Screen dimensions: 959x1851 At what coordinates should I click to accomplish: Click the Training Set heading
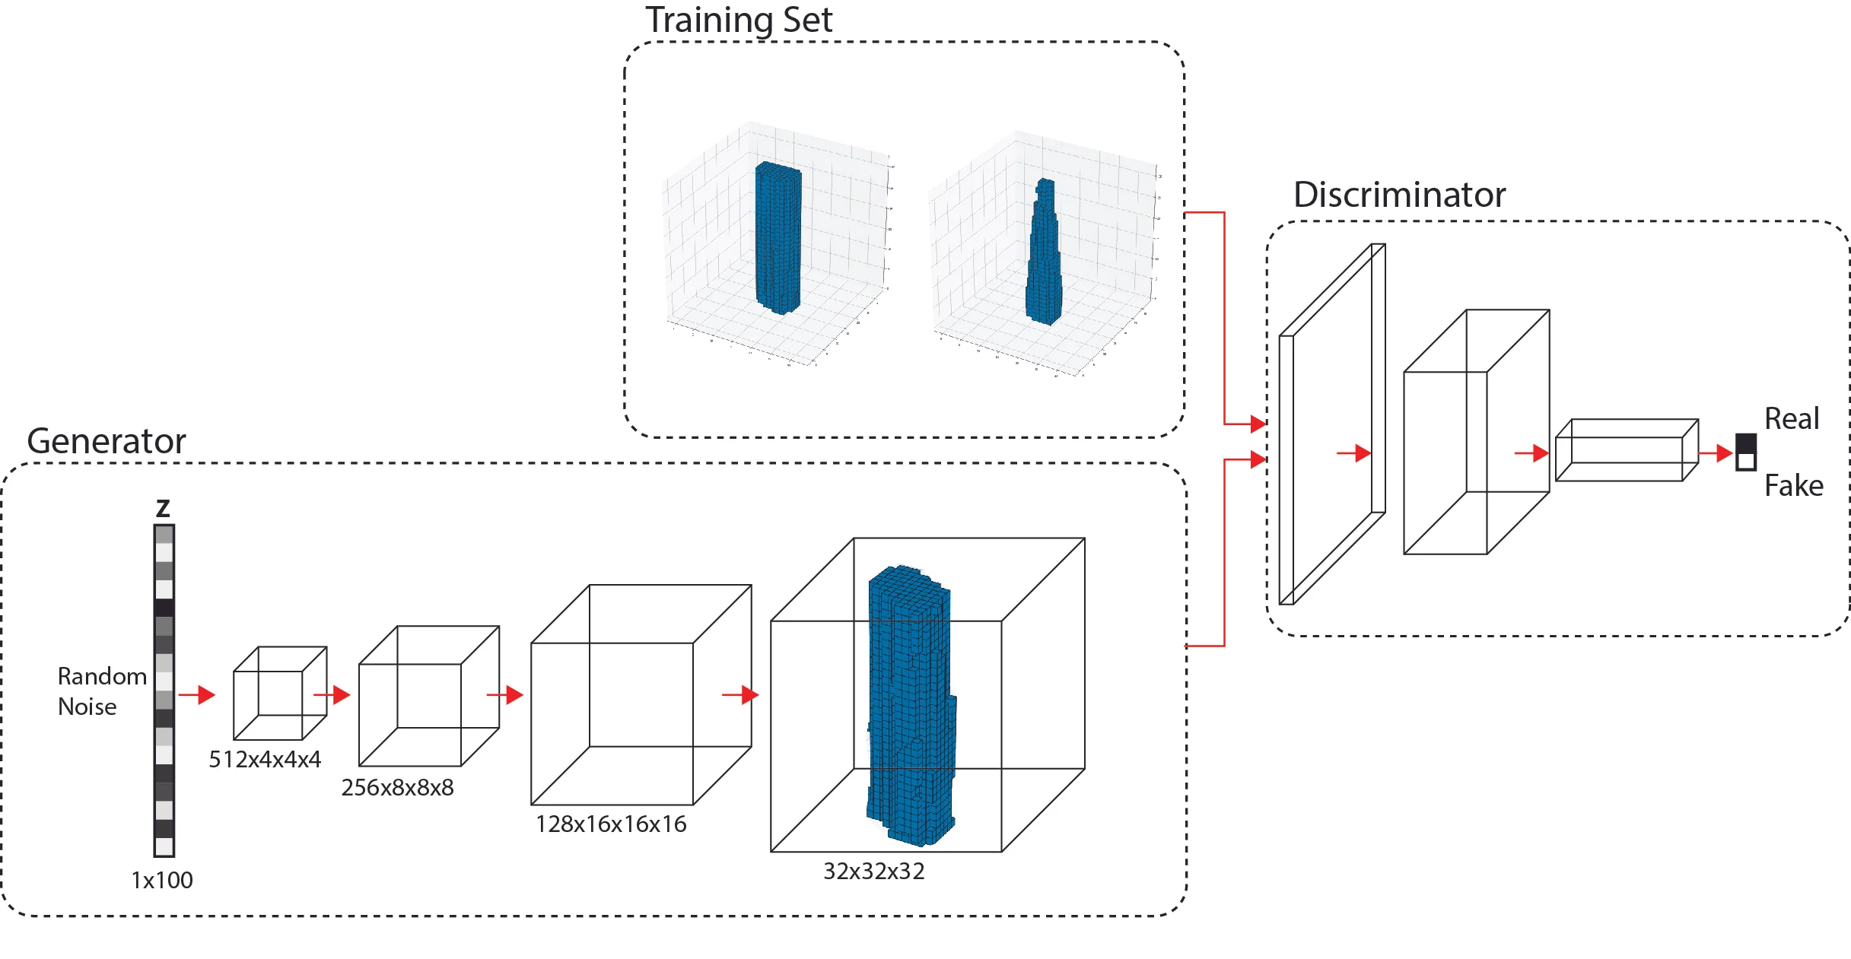click(738, 20)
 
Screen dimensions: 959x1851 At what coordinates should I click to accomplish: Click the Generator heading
click(106, 441)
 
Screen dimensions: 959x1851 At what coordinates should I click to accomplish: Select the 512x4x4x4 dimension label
click(265, 759)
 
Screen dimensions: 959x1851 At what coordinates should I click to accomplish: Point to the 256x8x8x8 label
click(397, 787)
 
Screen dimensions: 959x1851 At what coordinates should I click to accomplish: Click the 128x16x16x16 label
click(611, 824)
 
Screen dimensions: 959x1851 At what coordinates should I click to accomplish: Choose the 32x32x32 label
click(873, 871)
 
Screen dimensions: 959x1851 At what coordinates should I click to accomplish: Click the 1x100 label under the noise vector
click(162, 880)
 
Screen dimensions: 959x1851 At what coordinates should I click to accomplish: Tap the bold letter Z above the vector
click(163, 508)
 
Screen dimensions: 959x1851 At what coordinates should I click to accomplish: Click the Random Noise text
click(101, 691)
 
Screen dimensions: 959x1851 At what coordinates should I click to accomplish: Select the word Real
click(1791, 419)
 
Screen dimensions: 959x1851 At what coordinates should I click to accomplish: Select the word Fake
click(1793, 485)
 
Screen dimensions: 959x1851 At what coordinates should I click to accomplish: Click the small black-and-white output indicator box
click(1745, 453)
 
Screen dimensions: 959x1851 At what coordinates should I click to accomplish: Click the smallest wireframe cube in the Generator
click(280, 693)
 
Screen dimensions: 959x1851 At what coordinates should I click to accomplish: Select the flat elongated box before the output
click(1627, 450)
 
